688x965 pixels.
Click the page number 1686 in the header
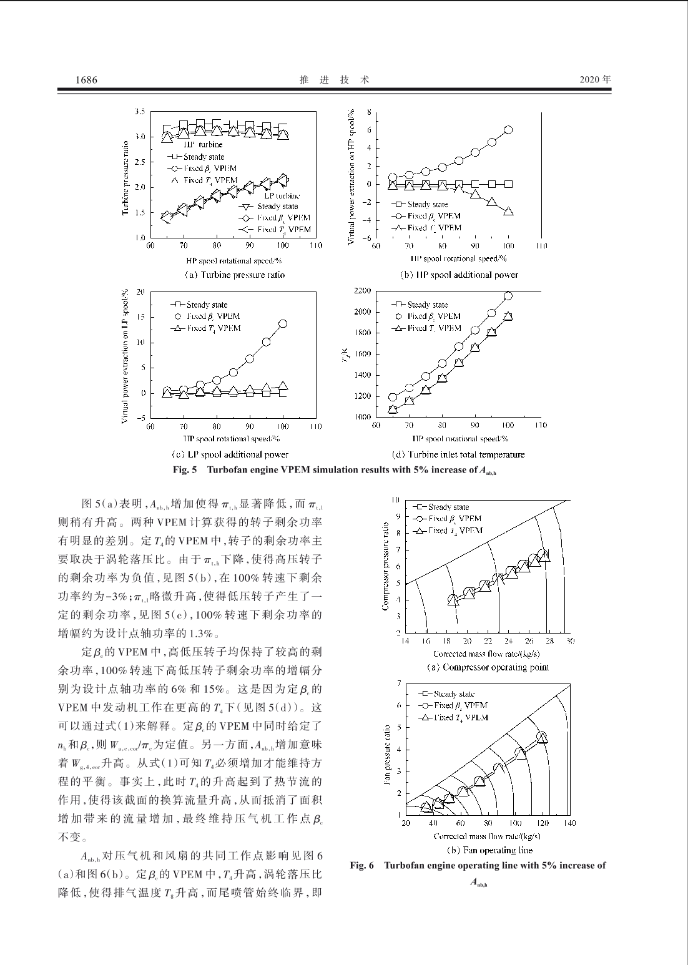pos(86,81)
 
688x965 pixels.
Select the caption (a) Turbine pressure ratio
pos(234,275)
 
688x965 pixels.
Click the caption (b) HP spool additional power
pos(459,275)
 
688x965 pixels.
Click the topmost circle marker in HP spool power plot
pos(508,130)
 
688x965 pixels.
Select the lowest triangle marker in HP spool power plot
pos(508,212)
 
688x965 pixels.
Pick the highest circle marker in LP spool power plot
pos(283,323)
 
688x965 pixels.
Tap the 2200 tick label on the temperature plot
pos(362,291)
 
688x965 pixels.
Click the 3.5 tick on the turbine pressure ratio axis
pos(140,112)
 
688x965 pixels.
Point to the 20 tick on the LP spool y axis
pos(140,291)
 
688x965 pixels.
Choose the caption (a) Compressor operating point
pos(488,667)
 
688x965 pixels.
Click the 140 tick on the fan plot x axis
pos(569,823)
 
